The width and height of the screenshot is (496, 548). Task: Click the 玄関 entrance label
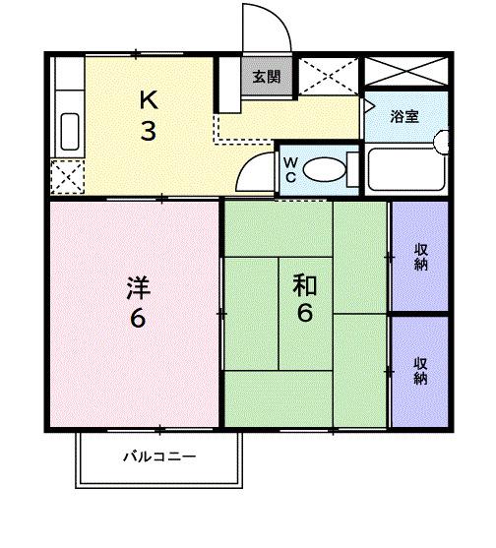click(x=266, y=78)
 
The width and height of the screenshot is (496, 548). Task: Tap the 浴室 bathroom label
click(x=404, y=117)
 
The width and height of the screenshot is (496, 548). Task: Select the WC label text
click(x=292, y=169)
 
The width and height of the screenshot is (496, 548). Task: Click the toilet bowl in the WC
click(x=324, y=170)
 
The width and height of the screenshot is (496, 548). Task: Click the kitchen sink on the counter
click(x=69, y=131)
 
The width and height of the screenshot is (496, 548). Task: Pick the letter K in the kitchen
click(x=148, y=99)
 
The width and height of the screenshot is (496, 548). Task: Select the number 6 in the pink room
click(x=138, y=319)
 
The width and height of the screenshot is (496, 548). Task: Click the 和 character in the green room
click(x=304, y=285)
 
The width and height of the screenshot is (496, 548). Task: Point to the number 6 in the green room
click(x=305, y=315)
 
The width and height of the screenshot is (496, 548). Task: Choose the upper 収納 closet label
click(x=420, y=256)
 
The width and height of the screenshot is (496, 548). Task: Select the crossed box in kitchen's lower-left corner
click(x=68, y=177)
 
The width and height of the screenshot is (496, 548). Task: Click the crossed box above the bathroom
click(x=405, y=72)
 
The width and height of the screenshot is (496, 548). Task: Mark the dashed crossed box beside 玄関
click(x=327, y=76)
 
